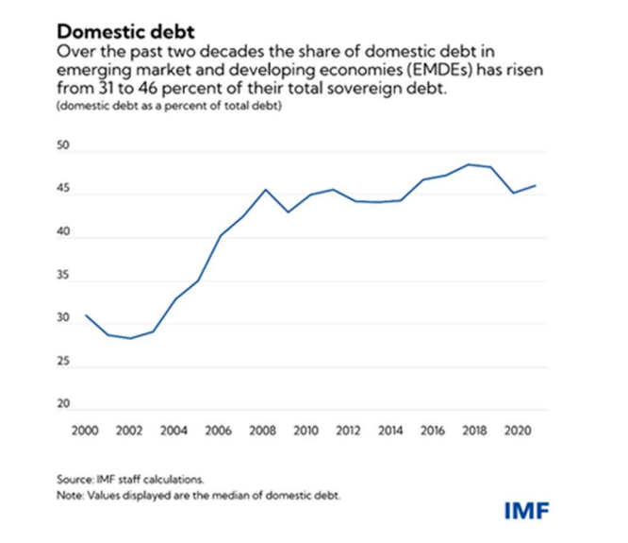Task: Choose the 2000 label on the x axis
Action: [x=84, y=430]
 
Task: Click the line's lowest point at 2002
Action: [x=129, y=338]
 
